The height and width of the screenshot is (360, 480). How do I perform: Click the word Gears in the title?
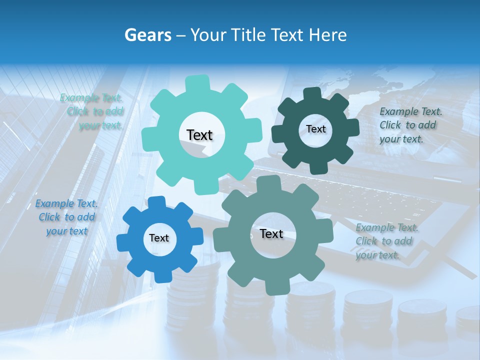tap(147, 35)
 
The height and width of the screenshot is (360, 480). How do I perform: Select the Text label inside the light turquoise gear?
tap(199, 135)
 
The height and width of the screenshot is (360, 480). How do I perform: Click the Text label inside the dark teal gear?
tap(315, 129)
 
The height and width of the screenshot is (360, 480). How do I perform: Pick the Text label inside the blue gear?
tap(159, 238)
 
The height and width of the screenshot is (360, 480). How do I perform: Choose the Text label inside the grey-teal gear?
tap(271, 234)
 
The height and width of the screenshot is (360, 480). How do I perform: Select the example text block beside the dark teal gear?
tap(407, 125)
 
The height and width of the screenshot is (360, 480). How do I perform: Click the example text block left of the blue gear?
tap(66, 217)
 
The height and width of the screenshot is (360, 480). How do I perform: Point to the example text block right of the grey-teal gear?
tap(386, 241)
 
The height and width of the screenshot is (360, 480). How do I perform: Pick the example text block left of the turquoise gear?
tap(93, 111)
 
